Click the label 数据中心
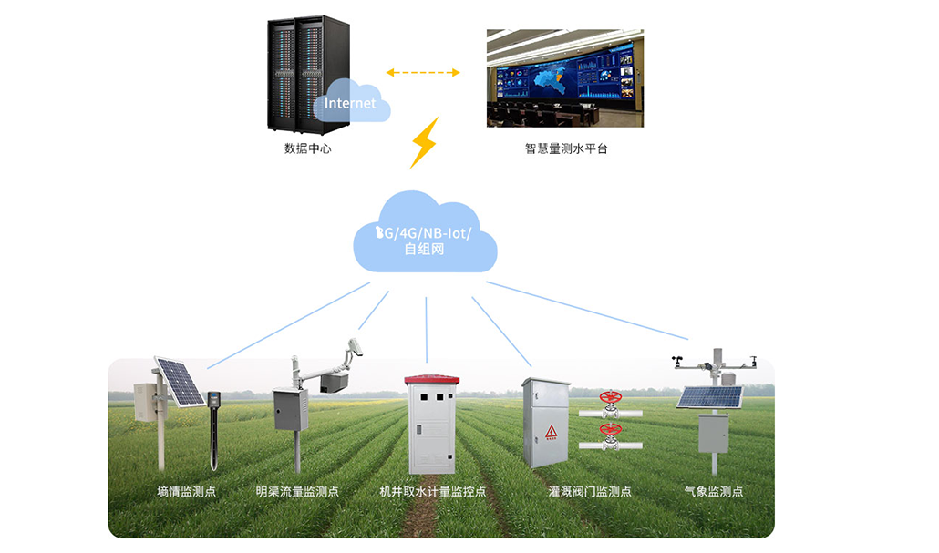pos(308,148)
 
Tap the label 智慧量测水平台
pos(565,148)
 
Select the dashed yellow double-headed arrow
pos(423,72)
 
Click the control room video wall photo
pos(565,77)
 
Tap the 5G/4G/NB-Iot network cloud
pos(424,235)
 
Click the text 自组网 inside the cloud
pos(424,248)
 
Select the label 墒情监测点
pos(187,491)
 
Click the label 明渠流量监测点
pos(297,491)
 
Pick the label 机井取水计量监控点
pos(432,491)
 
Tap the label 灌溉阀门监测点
pos(590,491)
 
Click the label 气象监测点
pos(714,491)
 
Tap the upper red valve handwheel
pos(609,398)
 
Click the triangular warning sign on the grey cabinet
pos(551,432)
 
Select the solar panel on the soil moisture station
pos(179,381)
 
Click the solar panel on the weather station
pos(709,397)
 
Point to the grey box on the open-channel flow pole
pos(291,409)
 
